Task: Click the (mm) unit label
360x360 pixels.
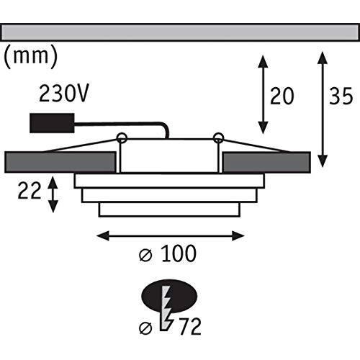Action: pyautogui.click(x=31, y=57)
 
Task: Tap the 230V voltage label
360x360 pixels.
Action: pyautogui.click(x=64, y=94)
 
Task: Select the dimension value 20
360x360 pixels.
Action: pyautogui.click(x=282, y=96)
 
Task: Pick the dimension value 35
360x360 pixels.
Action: pyautogui.click(x=341, y=96)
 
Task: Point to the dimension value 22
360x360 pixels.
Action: pyautogui.click(x=30, y=191)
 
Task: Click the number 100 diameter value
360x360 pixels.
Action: pyautogui.click(x=179, y=253)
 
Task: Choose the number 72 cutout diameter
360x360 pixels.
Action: pyautogui.click(x=190, y=327)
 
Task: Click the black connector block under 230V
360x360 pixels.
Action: pyautogui.click(x=52, y=123)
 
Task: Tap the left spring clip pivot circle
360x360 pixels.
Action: pyautogui.click(x=121, y=138)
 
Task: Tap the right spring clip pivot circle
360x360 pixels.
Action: pyautogui.click(x=218, y=138)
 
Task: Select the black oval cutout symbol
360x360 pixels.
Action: pyautogui.click(x=170, y=296)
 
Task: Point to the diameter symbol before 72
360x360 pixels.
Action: pyautogui.click(x=145, y=328)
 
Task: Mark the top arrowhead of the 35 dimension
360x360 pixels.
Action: pyautogui.click(x=323, y=57)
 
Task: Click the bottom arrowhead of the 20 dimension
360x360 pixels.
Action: pyautogui.click(x=264, y=127)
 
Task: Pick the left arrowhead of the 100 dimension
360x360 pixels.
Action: pyautogui.click(x=103, y=235)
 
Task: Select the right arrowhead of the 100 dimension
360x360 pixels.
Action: pyautogui.click(x=238, y=235)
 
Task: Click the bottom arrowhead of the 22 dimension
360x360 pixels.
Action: pyautogui.click(x=53, y=207)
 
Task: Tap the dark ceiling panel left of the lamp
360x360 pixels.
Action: pyautogui.click(x=60, y=162)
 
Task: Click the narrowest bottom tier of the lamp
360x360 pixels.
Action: pyautogui.click(x=169, y=210)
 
